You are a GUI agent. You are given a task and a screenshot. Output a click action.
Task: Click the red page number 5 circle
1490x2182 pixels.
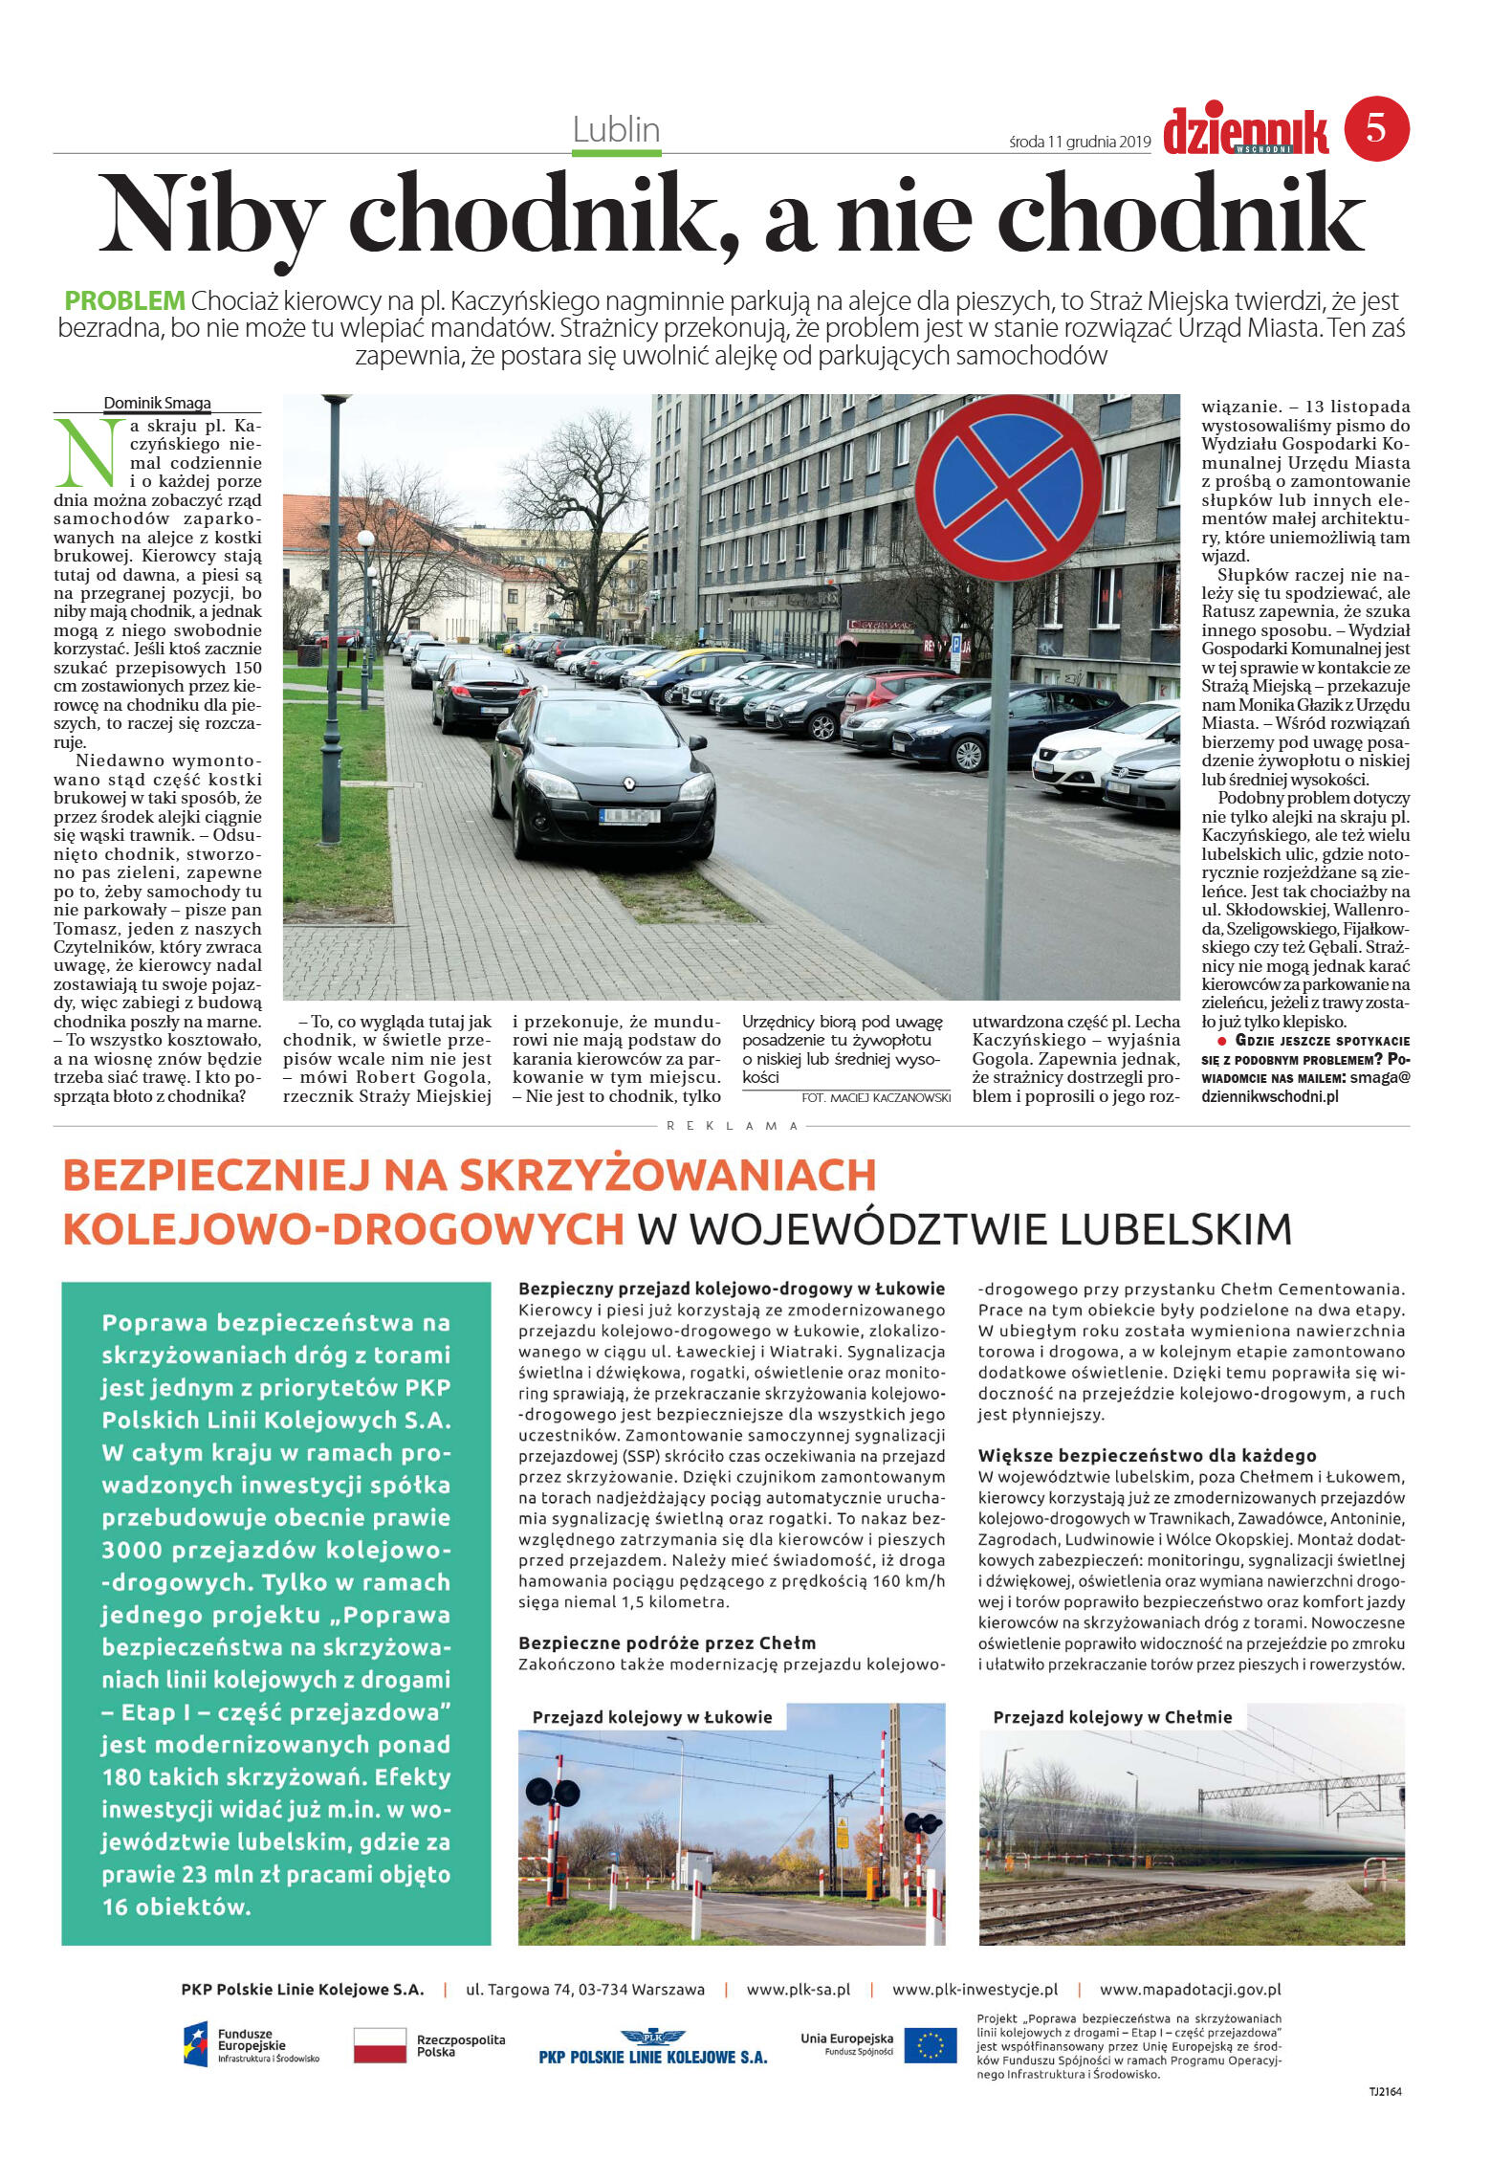point(1376,128)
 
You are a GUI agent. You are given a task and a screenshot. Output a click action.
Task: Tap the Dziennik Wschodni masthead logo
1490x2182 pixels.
point(1245,132)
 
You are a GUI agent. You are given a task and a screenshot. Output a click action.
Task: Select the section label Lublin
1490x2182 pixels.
point(616,130)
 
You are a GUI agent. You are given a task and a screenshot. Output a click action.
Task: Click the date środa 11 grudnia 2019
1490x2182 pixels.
point(1080,143)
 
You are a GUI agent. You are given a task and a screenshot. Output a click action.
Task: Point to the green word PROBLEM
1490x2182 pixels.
point(124,300)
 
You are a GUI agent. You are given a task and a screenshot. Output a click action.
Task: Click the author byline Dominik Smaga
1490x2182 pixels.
point(157,403)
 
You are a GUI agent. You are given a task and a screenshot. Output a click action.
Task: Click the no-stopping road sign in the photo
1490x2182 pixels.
point(1008,489)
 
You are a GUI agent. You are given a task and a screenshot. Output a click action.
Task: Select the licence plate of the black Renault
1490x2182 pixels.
point(629,816)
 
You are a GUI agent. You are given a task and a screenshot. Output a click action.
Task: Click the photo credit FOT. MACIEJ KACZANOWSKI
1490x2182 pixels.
point(876,1097)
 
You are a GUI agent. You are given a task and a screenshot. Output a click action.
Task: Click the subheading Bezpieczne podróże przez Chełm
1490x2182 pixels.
point(667,1642)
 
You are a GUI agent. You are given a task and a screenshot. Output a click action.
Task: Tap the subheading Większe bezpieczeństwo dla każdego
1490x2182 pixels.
point(1147,1455)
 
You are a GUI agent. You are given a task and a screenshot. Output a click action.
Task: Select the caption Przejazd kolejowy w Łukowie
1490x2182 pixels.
point(652,1717)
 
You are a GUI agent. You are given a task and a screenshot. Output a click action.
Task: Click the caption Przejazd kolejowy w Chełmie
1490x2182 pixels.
point(1112,1717)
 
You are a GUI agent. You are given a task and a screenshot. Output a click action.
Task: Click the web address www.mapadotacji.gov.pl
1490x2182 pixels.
point(1190,1989)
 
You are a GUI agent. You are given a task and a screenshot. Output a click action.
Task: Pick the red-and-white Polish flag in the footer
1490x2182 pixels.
point(380,2045)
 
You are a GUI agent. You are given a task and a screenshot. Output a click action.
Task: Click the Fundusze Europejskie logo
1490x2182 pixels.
point(251,2045)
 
